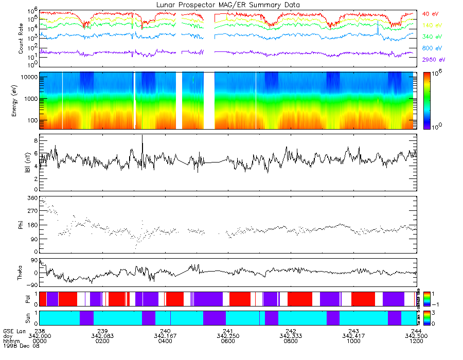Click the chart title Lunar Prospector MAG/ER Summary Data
pos(228,5)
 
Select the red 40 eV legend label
pos(431,13)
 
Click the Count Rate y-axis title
pos(21,39)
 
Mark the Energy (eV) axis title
pos(21,101)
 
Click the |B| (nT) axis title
pos(21,163)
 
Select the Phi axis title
pos(21,224)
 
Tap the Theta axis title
pos(21,273)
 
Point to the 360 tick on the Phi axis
pos(32,198)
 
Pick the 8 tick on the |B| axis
pos(35,140)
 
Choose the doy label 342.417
pos(353,336)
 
